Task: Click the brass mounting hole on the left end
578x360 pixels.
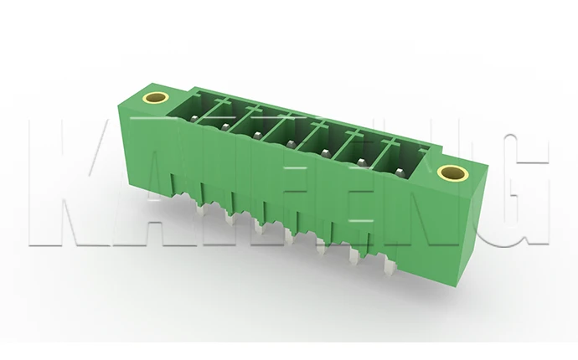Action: (156, 98)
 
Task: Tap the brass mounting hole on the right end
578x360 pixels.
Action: (452, 172)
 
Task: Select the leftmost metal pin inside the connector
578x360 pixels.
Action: (194, 119)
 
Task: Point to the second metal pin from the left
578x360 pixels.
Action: (224, 126)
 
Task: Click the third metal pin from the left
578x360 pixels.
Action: (257, 135)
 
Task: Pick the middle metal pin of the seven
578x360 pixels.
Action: (291, 144)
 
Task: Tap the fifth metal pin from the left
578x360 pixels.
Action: (325, 152)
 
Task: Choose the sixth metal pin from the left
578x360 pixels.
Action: (361, 162)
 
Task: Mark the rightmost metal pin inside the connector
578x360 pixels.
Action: (400, 172)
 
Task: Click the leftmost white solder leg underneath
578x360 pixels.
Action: (200, 210)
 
